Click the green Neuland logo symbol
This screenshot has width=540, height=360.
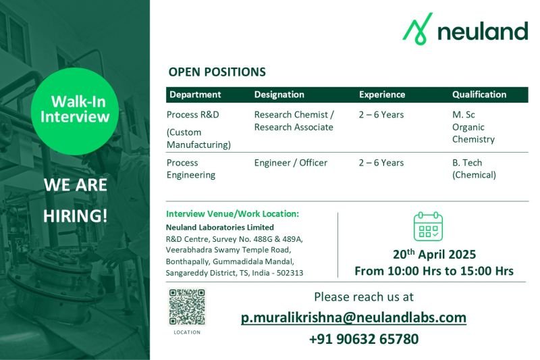point(417,29)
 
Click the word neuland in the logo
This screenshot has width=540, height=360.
point(483,31)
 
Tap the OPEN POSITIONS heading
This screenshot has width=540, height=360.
point(217,72)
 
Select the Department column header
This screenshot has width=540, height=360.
point(195,95)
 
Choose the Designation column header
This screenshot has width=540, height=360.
point(279,95)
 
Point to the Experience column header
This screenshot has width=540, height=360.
point(382,95)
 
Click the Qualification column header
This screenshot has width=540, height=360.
point(479,95)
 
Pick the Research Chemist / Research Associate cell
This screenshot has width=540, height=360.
point(294,121)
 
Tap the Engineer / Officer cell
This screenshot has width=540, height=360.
point(291,163)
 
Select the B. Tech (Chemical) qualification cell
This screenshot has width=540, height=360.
point(475,169)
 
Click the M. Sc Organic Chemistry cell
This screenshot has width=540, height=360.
point(474,127)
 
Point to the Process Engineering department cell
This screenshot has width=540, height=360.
point(191,169)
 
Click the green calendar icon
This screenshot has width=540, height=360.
point(428,226)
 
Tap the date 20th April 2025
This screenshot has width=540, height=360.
point(434,254)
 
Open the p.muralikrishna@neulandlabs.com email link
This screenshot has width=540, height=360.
point(354,317)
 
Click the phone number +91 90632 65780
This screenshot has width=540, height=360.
point(364,339)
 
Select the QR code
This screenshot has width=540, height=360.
point(187,307)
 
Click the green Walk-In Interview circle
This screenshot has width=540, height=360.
point(75,111)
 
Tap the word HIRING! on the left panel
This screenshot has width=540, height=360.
point(76,216)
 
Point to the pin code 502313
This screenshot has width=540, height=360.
point(290,273)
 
